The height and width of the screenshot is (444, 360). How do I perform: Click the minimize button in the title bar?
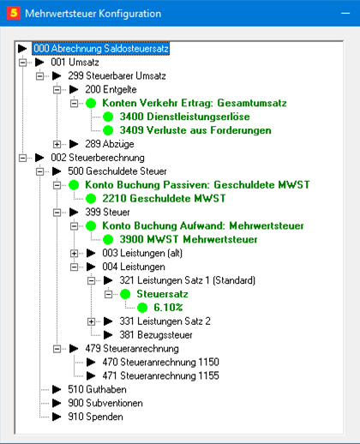pos(345,14)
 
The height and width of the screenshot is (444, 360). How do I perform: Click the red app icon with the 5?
pos(14,13)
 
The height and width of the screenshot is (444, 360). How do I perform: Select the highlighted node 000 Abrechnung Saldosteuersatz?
pos(101,49)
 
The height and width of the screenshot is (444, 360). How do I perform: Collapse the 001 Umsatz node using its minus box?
pos(22,63)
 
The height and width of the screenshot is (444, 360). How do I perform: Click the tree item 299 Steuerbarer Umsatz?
pos(117,75)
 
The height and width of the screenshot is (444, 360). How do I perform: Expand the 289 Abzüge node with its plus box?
pos(57,144)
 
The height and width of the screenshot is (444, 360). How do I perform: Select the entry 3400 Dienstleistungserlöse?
pos(184,117)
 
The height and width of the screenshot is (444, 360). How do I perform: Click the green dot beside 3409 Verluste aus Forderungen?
pos(108,130)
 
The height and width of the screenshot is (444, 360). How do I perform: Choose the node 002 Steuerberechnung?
pos(98,158)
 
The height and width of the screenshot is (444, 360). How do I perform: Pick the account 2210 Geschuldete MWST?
pos(164,199)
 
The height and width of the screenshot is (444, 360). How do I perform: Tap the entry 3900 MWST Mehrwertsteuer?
pos(189,239)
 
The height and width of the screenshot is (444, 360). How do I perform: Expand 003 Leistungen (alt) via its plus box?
pos(74,253)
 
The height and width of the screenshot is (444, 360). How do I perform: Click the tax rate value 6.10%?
pos(168,308)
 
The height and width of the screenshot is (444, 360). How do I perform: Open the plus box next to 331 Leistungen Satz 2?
pos(91,321)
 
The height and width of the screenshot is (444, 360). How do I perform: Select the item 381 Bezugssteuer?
pos(156,335)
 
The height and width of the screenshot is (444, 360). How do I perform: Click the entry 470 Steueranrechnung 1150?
pos(160,363)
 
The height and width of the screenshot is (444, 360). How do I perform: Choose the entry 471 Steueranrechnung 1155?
pos(160,375)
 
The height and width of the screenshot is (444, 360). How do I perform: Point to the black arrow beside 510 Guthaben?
pos(57,389)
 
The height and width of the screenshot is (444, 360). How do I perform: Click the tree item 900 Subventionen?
pos(105,403)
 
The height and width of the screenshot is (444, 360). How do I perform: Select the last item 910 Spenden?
pos(95,417)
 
